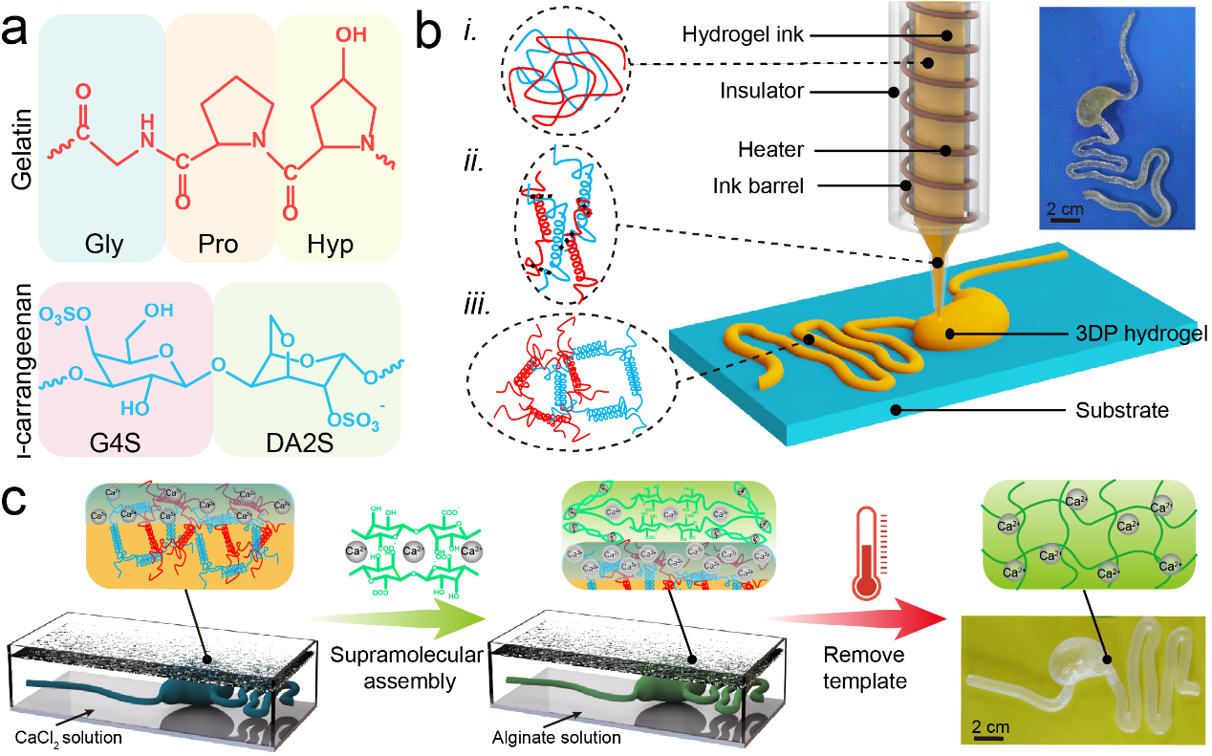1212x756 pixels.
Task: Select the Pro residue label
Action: point(220,245)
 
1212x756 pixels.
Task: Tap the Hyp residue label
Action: point(330,245)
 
